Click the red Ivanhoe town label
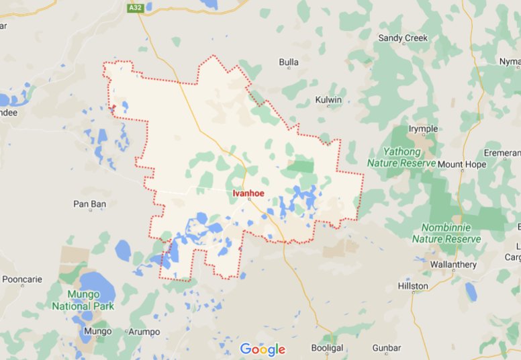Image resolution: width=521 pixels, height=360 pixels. (248, 193)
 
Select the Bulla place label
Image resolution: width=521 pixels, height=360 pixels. (289, 62)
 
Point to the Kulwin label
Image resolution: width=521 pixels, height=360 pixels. (328, 100)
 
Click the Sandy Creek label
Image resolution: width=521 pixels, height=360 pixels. (403, 38)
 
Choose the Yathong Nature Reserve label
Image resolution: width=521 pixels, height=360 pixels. (401, 156)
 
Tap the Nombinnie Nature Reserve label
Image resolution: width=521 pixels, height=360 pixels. (446, 233)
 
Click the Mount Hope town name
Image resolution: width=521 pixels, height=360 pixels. (462, 164)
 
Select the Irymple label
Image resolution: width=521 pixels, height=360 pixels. (423, 129)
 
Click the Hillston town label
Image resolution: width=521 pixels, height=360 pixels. (413, 286)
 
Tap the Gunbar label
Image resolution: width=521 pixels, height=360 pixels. (386, 348)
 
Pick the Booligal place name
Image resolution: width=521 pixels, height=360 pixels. (328, 348)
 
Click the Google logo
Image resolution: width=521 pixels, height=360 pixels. (263, 349)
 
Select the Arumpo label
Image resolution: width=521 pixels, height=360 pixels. (143, 332)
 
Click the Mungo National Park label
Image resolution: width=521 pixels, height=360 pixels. (81, 300)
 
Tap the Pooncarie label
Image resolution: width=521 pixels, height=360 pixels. (22, 279)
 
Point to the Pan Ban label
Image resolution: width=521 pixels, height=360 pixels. (89, 203)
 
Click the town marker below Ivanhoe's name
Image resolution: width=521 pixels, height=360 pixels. (248, 199)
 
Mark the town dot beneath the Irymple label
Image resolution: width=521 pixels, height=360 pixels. (423, 135)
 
